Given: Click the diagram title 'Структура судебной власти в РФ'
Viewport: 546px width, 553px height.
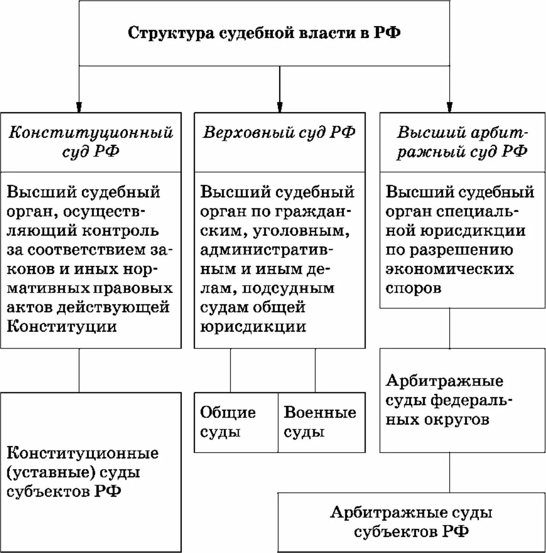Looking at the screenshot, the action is click(x=264, y=34).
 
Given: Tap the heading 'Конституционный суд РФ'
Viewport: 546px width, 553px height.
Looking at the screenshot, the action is click(x=91, y=142).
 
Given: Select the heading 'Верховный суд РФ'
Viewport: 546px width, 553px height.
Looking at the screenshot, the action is click(x=279, y=132).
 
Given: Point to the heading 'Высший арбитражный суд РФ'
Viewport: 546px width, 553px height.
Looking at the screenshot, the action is click(x=462, y=142).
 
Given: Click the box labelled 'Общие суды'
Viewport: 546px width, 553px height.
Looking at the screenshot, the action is click(x=228, y=422).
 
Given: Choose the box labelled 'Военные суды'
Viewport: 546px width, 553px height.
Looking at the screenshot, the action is click(x=320, y=422).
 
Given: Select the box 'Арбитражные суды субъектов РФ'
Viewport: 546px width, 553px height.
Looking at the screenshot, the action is click(x=411, y=522).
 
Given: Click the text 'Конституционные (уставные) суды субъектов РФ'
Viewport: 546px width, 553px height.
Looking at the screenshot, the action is click(x=83, y=472).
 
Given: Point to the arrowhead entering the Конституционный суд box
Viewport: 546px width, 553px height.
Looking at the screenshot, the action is click(x=79, y=107).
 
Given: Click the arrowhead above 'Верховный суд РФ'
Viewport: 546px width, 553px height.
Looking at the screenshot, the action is click(x=279, y=107).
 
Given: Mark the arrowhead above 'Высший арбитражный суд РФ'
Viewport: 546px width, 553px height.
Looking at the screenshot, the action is click(x=449, y=107).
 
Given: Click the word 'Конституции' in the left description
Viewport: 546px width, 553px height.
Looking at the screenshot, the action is click(x=62, y=327).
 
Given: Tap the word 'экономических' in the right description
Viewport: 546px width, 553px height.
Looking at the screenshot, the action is click(x=450, y=269).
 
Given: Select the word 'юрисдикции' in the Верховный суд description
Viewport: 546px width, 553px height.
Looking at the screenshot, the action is click(x=253, y=327).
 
